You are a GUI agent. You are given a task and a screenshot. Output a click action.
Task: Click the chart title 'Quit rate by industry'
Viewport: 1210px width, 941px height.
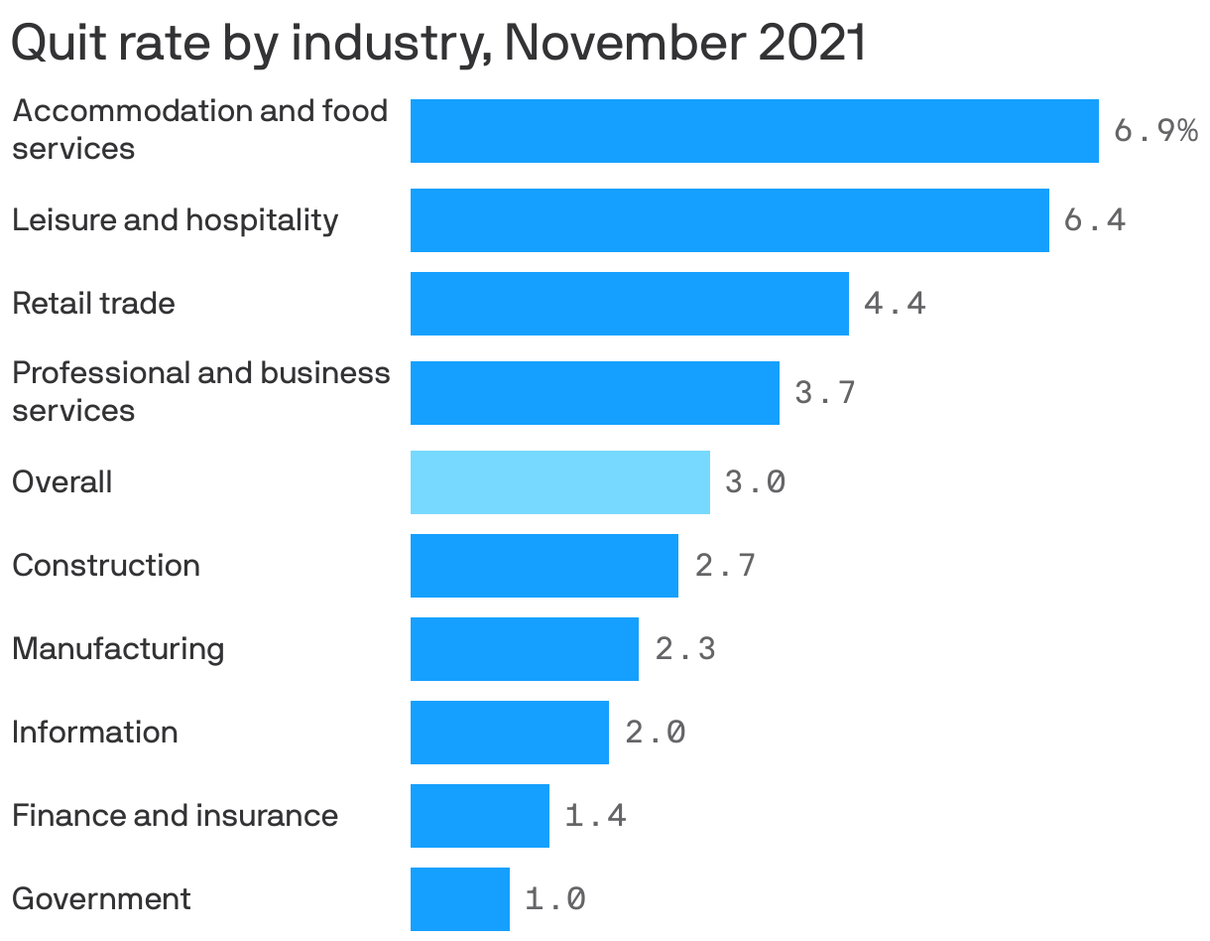point(437,44)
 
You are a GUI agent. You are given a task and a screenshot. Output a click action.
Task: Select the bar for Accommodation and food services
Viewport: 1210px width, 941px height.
point(754,131)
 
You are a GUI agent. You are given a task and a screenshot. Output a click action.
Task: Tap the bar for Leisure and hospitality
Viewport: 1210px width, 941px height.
point(729,220)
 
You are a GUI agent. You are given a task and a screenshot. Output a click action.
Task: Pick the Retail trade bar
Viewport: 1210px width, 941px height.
point(629,304)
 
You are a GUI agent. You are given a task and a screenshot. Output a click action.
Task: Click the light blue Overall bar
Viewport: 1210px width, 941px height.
point(559,482)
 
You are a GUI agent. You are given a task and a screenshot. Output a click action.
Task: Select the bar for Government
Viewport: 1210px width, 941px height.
point(459,899)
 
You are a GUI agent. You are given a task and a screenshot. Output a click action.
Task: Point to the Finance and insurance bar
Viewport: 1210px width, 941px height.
point(479,816)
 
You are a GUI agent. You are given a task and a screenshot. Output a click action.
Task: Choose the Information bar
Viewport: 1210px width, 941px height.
point(509,733)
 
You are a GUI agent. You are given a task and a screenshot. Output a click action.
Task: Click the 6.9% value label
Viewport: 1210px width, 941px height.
point(1155,131)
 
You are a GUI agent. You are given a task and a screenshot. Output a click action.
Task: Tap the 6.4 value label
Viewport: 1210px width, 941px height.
point(1094,220)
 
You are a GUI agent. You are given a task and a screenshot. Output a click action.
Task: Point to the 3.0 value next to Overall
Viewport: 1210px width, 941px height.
point(755,482)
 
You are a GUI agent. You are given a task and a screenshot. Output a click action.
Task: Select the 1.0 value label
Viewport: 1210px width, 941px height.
point(554,899)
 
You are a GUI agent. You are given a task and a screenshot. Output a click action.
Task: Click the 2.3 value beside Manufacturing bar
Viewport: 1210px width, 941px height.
point(684,649)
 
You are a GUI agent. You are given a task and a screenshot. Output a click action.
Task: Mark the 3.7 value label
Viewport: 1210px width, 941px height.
point(824,393)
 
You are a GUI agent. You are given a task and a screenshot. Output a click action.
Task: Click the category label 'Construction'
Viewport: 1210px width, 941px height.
point(106,566)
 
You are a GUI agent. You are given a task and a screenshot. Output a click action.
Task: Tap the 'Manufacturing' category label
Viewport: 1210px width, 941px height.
point(118,649)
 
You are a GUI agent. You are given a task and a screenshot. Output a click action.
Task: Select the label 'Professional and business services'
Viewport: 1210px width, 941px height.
point(200,392)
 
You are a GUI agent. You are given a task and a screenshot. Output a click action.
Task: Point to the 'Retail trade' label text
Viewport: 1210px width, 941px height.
point(93,304)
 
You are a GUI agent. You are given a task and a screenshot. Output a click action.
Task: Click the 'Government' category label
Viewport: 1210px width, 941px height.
point(101,899)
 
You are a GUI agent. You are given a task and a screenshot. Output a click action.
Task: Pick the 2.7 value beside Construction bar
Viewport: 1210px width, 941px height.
point(725,566)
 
